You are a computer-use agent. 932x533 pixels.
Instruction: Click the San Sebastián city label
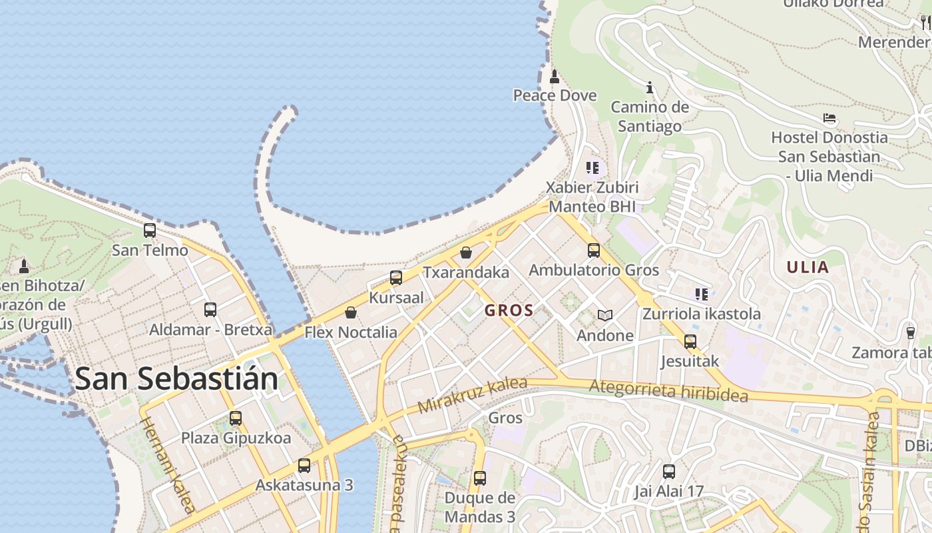point(176,378)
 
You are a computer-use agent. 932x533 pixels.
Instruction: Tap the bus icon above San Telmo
point(150,231)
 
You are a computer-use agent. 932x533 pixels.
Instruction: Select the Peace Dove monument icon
point(555,77)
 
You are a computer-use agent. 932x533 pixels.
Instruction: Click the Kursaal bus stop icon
point(396,278)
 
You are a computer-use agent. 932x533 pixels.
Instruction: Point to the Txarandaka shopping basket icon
point(466,253)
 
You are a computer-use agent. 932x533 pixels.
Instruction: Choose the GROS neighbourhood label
point(509,310)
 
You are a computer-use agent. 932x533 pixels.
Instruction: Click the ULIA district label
point(808,268)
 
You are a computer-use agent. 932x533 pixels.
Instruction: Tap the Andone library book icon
point(604,315)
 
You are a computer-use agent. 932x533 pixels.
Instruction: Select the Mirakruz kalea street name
point(473,395)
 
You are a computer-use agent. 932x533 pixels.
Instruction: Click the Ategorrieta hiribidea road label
point(668,390)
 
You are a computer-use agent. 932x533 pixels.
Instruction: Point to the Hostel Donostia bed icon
point(829,119)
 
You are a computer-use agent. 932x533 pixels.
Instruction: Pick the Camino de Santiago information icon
point(650,87)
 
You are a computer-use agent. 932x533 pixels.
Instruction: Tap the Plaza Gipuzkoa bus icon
point(236,418)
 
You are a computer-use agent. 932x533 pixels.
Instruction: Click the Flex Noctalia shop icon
point(350,312)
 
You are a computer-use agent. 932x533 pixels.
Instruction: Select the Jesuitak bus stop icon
point(690,342)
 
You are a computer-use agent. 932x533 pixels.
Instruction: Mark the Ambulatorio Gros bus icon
point(594,251)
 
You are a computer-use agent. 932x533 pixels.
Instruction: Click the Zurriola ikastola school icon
point(701,294)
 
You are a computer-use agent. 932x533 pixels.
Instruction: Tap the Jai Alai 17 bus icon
point(669,472)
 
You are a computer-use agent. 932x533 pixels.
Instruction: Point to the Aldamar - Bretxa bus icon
point(210,310)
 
